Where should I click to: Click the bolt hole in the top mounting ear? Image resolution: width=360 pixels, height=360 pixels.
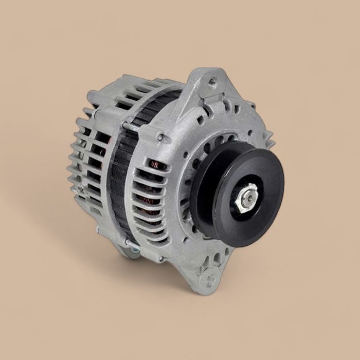pos(212,81)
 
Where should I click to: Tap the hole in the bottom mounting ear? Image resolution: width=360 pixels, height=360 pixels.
pos(210,280)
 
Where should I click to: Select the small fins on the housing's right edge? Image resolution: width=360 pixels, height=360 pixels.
pos(267,136)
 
